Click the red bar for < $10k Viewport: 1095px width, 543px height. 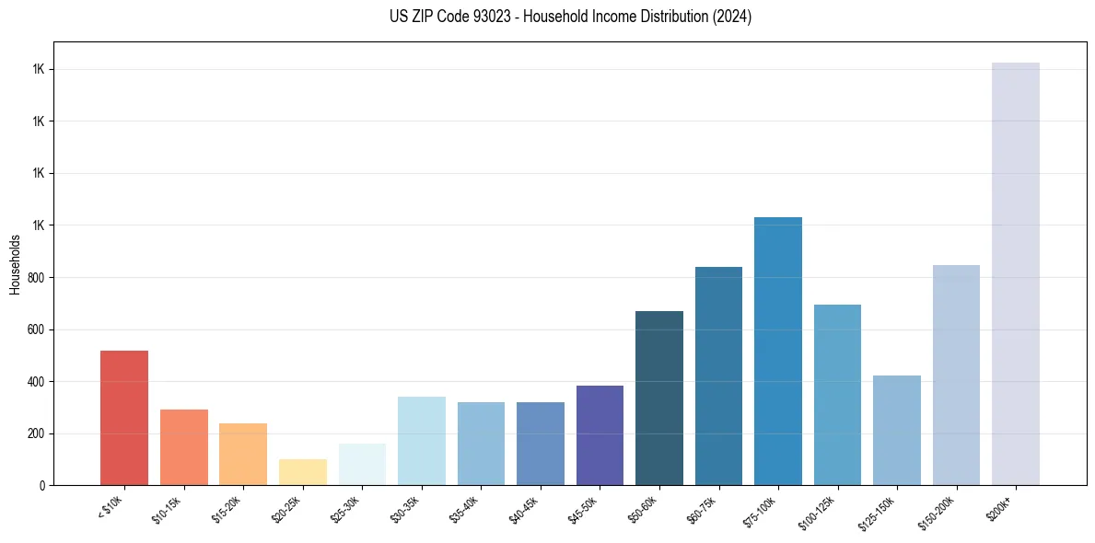pos(124,418)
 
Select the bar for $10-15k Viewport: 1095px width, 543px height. pos(183,447)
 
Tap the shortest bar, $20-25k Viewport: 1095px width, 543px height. pos(302,472)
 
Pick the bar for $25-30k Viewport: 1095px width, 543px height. pos(362,464)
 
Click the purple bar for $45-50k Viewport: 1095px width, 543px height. pos(600,435)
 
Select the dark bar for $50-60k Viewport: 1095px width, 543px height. pos(659,398)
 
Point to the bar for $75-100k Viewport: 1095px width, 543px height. pos(778,351)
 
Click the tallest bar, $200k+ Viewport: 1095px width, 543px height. pos(1016,273)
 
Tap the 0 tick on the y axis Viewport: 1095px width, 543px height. pos(43,486)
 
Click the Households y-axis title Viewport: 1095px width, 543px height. pos(16,264)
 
